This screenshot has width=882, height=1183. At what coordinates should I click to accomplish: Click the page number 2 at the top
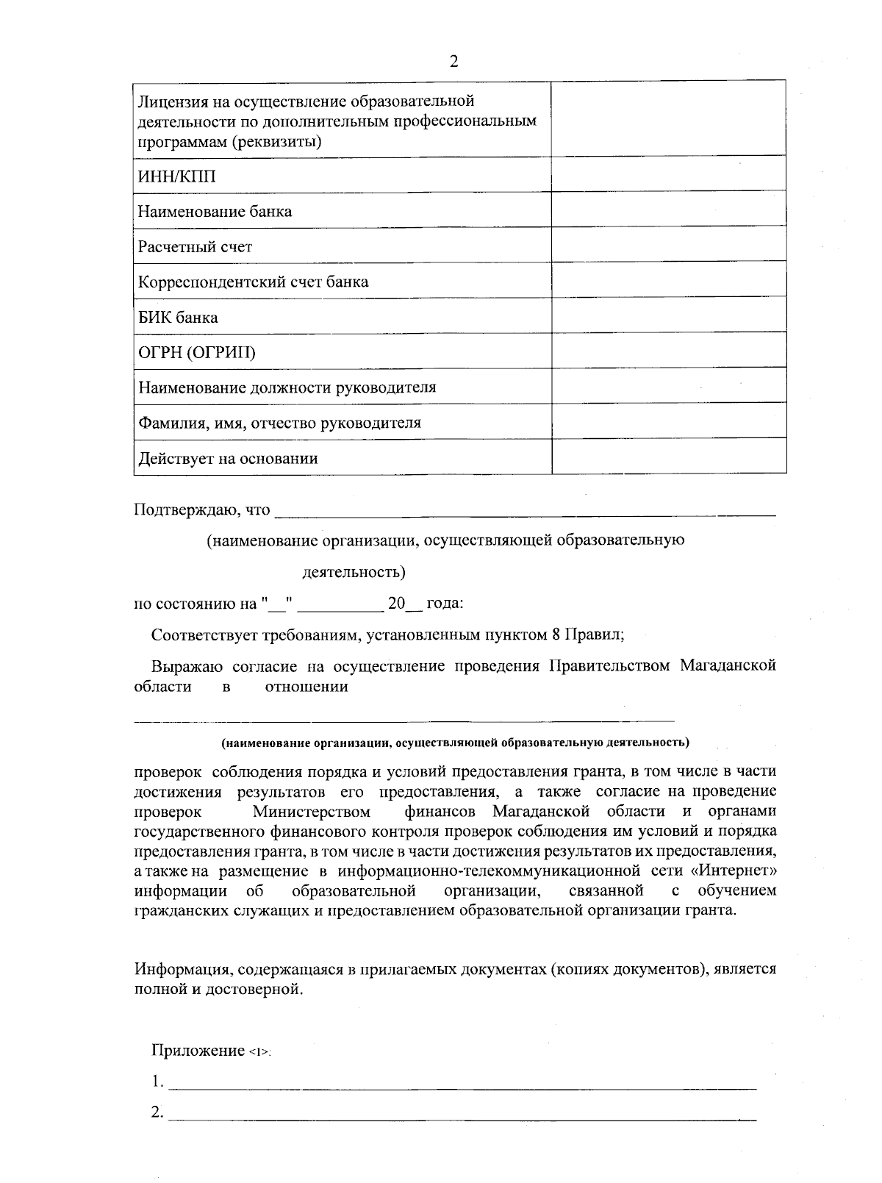coord(453,62)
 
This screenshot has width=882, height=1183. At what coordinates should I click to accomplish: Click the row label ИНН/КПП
coord(177,176)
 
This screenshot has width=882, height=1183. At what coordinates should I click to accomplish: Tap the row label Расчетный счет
coord(195,247)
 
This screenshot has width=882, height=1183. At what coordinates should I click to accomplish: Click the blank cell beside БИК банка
coord(668,315)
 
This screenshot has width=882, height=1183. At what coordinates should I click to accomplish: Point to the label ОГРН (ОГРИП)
coord(197,353)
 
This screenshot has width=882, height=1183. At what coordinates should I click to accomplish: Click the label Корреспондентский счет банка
coord(254,282)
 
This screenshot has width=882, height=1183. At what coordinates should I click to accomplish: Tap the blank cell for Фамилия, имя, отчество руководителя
coord(668,421)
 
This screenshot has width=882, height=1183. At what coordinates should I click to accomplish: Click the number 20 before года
coord(396,604)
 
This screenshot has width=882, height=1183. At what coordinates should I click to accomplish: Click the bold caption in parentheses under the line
coord(455,742)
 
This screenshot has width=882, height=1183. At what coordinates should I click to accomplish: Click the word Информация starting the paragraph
coord(184,969)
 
